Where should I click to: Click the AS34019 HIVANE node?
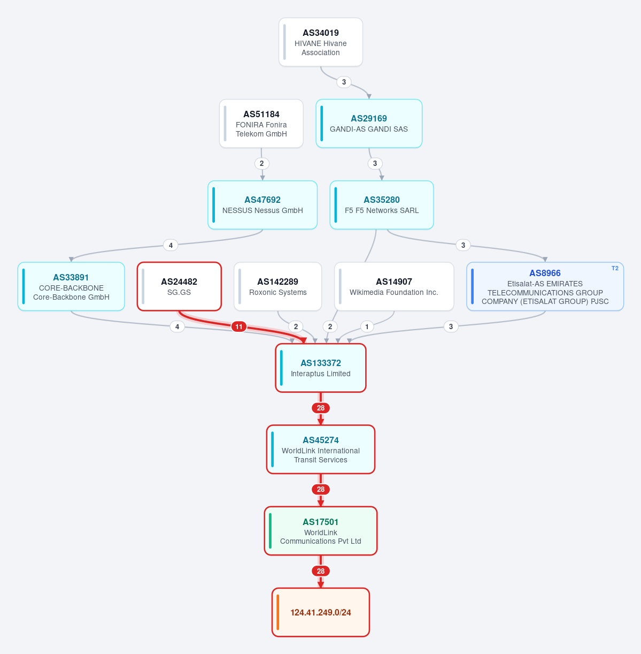point(321,42)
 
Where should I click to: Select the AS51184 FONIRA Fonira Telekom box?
point(261,124)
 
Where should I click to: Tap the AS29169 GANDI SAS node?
point(369,124)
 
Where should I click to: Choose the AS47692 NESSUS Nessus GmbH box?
point(262,205)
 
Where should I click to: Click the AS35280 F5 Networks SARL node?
point(382,205)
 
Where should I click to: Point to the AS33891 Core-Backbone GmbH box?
point(71,286)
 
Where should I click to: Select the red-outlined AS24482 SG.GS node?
point(179,286)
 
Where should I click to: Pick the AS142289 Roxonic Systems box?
point(278,286)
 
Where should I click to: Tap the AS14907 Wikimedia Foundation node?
point(394,286)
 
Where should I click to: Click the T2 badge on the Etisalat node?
point(615,269)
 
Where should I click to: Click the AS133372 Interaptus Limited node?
point(321,368)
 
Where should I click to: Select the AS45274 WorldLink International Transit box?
point(321,450)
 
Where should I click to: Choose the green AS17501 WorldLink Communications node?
point(321,531)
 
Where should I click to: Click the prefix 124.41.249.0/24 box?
point(321,612)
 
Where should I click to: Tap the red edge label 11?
point(239,327)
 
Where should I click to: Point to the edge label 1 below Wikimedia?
point(367,327)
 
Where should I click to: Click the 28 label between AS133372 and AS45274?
point(321,408)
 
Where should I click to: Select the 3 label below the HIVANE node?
point(344,82)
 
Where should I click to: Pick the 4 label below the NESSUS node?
point(171,245)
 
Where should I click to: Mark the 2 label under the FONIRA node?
point(262,164)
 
